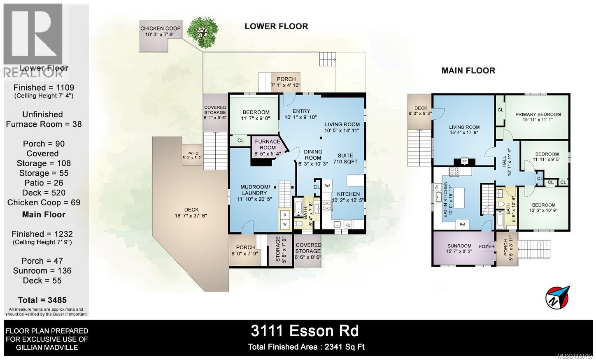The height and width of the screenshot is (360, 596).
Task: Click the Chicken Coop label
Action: coord(160,31)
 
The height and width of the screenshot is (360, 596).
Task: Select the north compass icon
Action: coord(558,297)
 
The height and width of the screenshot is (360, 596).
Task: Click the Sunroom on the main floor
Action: coord(459,249)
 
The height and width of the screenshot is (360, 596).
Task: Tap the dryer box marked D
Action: coord(285,215)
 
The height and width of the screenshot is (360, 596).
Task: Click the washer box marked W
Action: coord(285,224)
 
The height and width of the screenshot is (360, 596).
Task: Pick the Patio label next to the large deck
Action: coord(193,156)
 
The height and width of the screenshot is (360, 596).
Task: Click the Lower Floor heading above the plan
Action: coord(276,26)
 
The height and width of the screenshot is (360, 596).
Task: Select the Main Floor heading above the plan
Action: coord(468,70)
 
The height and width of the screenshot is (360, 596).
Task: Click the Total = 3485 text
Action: coord(42,300)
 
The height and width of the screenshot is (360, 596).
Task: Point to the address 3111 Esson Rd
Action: coord(305,331)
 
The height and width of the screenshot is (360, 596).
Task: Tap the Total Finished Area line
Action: coord(306,347)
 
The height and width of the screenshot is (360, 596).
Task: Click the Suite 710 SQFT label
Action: coord(345,158)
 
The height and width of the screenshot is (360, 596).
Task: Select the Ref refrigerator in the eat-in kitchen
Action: coord(462,224)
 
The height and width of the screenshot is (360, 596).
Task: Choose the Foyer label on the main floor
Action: coord(487,246)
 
